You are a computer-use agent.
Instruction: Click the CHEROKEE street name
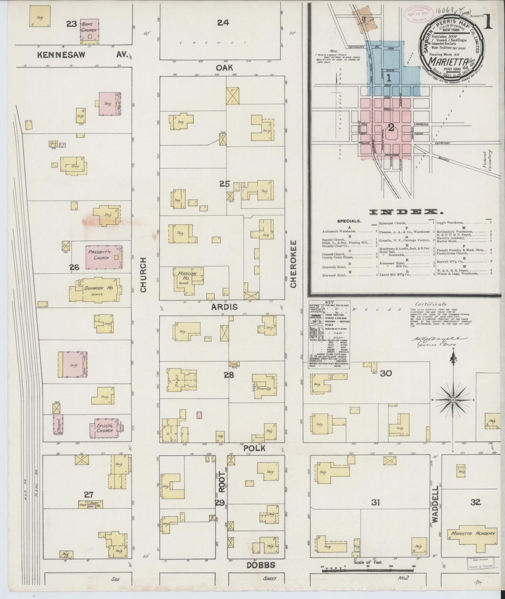293,264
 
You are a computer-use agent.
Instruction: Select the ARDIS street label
224,307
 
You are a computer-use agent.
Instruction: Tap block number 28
229,375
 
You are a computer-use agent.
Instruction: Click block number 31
375,503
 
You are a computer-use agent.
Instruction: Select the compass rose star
453,399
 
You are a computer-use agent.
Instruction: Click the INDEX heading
404,212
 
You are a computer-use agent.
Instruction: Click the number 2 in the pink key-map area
391,128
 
